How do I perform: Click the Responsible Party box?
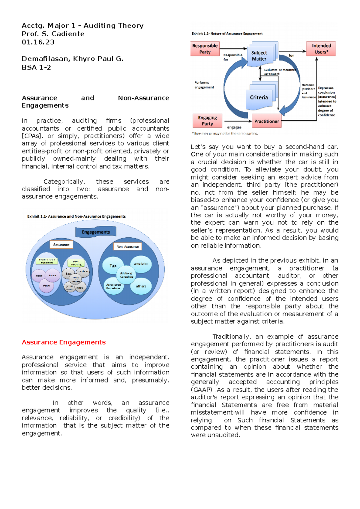(205, 49)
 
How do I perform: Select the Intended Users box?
(321, 49)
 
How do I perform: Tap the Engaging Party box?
(207, 121)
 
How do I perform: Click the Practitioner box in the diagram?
(266, 121)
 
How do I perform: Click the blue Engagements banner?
(96, 232)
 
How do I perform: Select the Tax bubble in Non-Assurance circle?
(112, 265)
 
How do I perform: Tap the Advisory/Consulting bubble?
(127, 275)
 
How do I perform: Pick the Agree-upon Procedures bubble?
(113, 287)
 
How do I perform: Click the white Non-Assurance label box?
(127, 246)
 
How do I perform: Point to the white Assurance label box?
(61, 245)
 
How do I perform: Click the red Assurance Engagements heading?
(64, 342)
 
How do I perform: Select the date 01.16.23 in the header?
(38, 42)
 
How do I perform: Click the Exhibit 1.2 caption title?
(227, 34)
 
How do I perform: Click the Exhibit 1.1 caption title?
(76, 216)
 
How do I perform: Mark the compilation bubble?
(141, 264)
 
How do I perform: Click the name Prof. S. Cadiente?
(53, 34)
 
